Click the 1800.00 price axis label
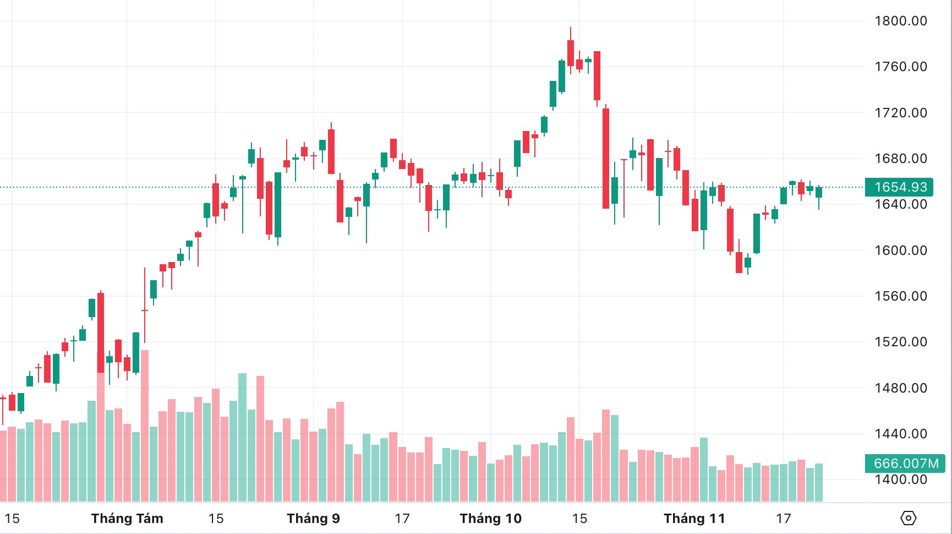coord(900,21)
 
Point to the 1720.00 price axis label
coord(900,113)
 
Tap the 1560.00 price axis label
coord(900,296)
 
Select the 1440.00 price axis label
coord(900,434)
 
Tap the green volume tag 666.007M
coord(905,464)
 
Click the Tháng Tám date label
coord(127,519)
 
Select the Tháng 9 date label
coord(313,519)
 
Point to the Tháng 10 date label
coord(490,519)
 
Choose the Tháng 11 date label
coord(694,519)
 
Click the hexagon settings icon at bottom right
coord(908,518)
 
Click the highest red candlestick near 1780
coord(571,53)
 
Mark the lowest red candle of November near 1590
coord(739,262)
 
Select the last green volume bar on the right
coord(818,482)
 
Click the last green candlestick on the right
coord(819,192)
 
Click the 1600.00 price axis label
coord(900,250)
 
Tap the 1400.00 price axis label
coord(900,479)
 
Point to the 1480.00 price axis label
coord(900,388)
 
